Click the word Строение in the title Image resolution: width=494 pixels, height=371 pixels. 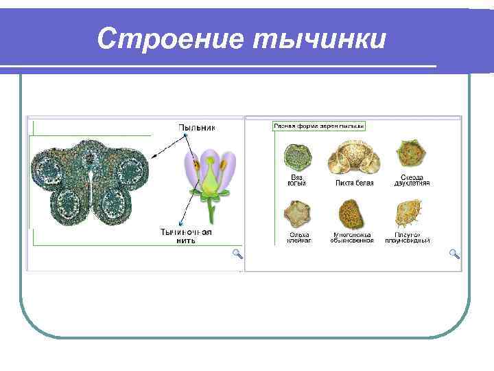click(x=171, y=38)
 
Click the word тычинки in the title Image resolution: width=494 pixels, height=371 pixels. click(x=320, y=38)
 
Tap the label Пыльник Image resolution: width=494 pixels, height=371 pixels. click(x=197, y=127)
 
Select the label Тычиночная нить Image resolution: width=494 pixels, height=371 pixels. click(x=185, y=236)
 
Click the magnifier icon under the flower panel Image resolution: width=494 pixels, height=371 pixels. click(x=237, y=254)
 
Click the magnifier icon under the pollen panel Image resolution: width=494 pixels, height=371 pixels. click(x=454, y=254)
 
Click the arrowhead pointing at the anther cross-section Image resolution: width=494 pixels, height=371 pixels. click(x=153, y=157)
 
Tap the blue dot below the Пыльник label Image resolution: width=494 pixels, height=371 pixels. click(x=186, y=136)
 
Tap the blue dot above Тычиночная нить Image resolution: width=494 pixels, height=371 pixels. click(x=178, y=223)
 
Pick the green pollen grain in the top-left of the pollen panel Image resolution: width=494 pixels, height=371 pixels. click(x=298, y=157)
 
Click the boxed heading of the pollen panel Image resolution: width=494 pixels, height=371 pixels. click(x=319, y=126)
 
